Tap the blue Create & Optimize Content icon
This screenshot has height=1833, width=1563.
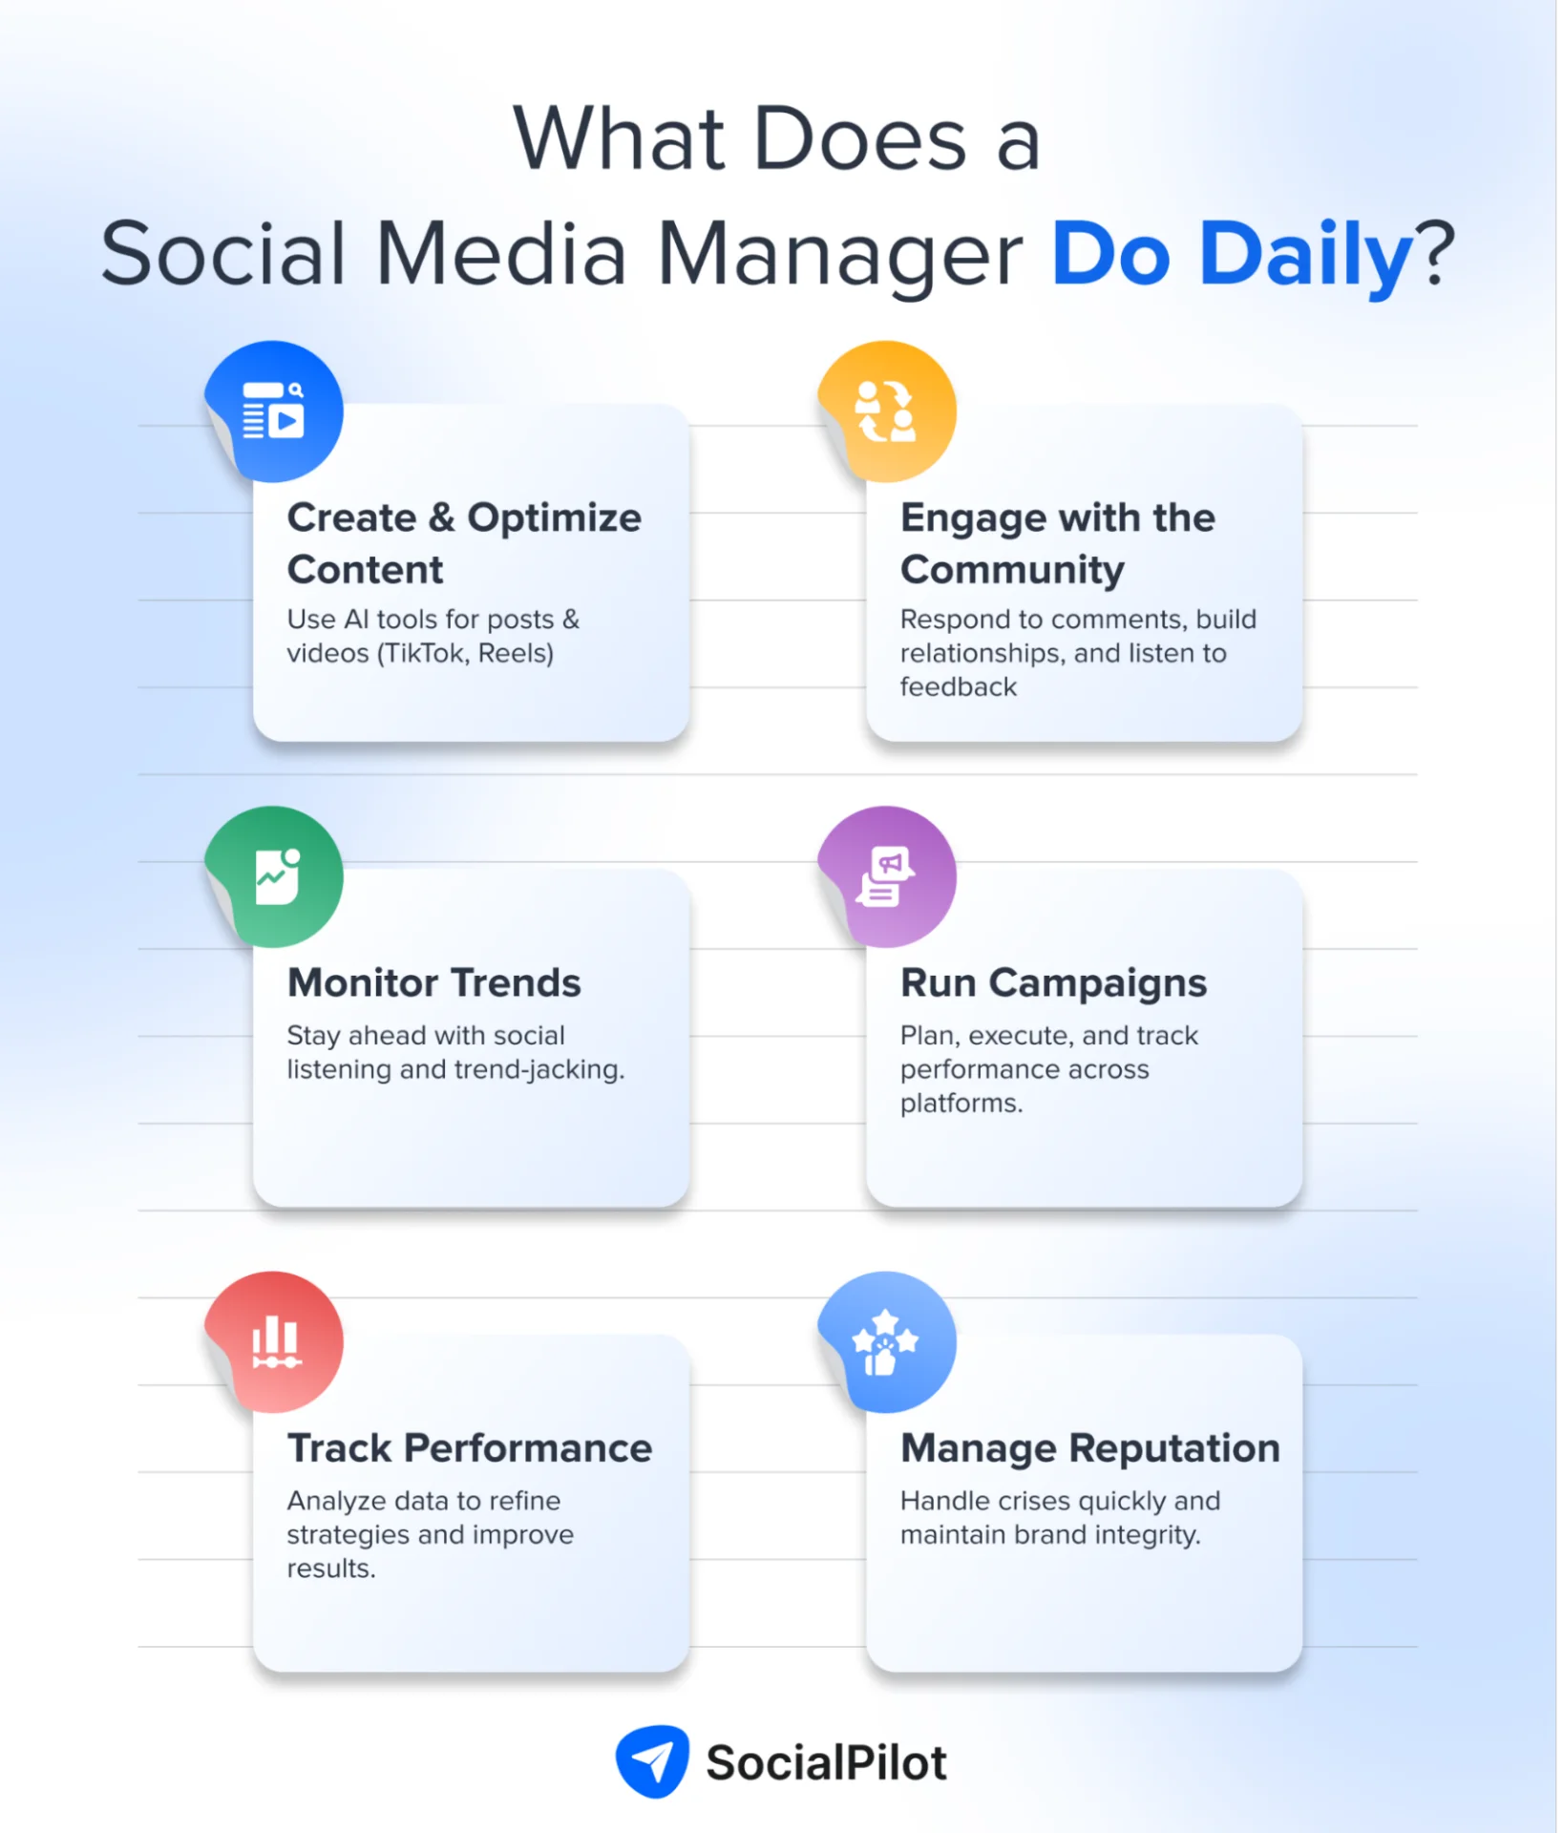[x=274, y=411]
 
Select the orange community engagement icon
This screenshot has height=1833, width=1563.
[x=887, y=411]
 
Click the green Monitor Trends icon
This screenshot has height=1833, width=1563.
[x=275, y=876]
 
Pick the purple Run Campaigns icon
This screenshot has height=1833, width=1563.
[x=887, y=876]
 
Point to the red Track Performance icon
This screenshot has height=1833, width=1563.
[x=275, y=1341]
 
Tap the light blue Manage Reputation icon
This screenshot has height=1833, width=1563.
[x=887, y=1341]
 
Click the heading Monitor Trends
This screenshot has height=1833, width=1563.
[x=434, y=982]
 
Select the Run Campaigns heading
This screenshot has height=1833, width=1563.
[x=1053, y=982]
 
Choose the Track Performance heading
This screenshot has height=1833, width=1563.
[x=470, y=1448]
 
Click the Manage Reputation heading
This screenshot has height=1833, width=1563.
[x=1089, y=1448]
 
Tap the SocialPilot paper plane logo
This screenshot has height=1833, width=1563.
[x=653, y=1761]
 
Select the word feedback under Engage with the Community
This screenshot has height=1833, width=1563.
[x=958, y=687]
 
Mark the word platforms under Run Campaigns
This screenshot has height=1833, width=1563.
[x=961, y=1104]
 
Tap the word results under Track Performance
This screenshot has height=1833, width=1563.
[x=330, y=1569]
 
